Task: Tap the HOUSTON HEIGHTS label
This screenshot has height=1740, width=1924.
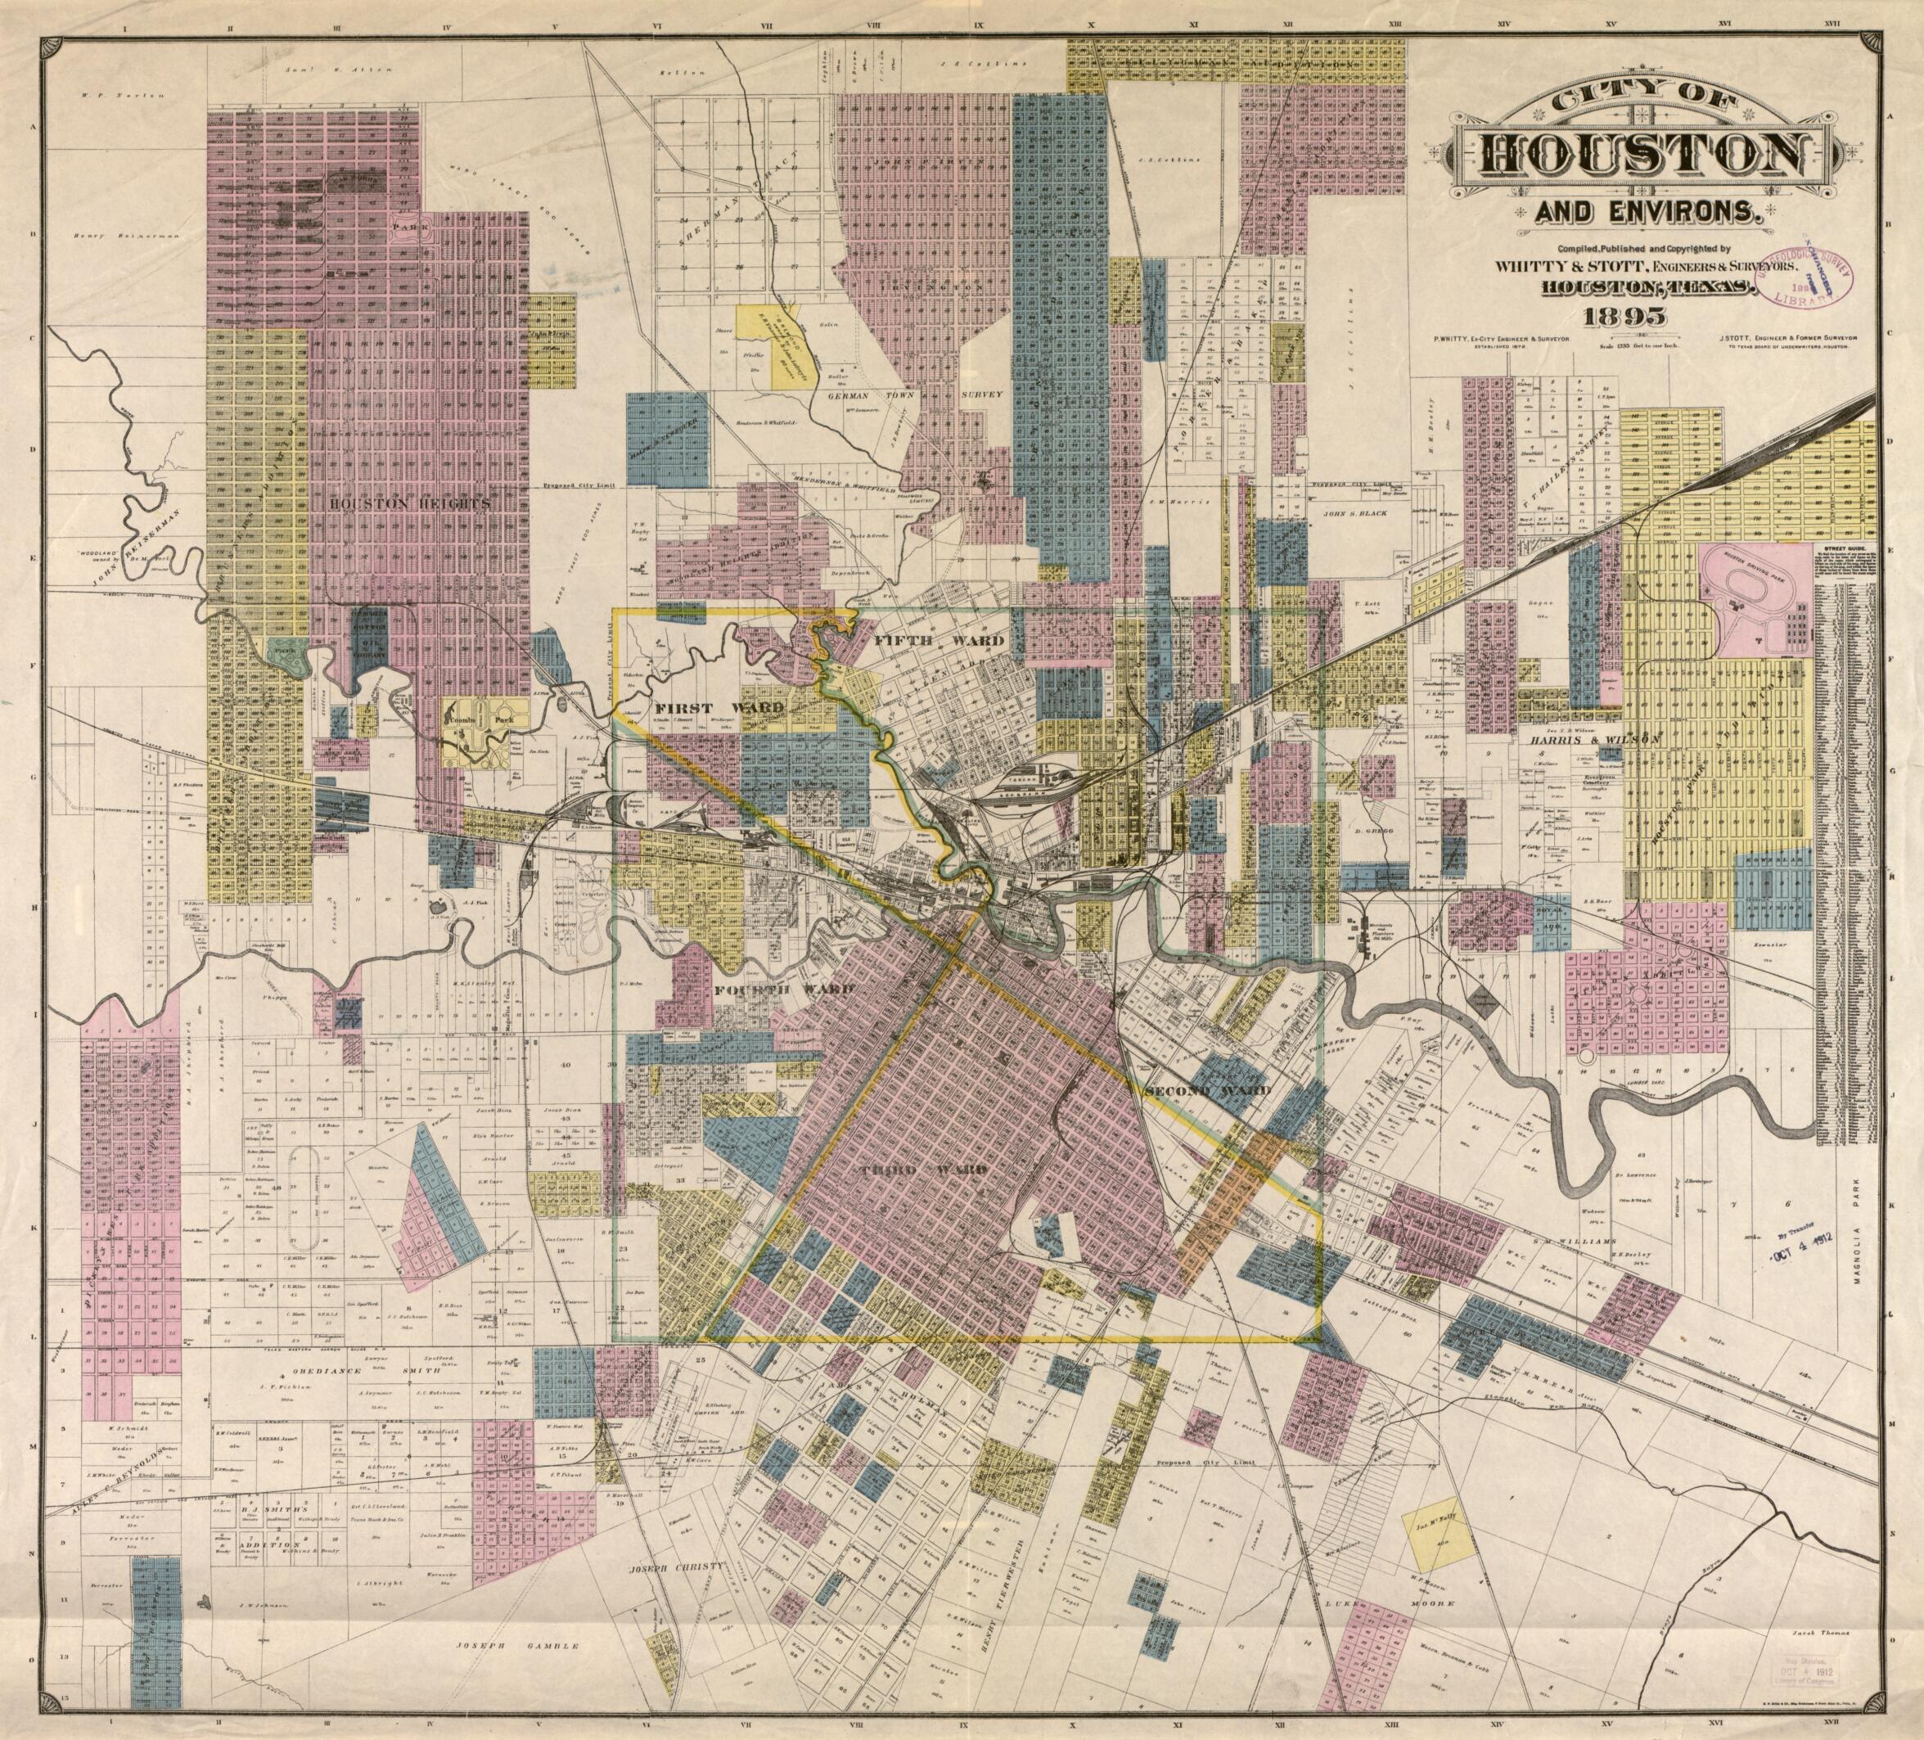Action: [409, 503]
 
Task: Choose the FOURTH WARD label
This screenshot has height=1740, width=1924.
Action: [785, 991]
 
